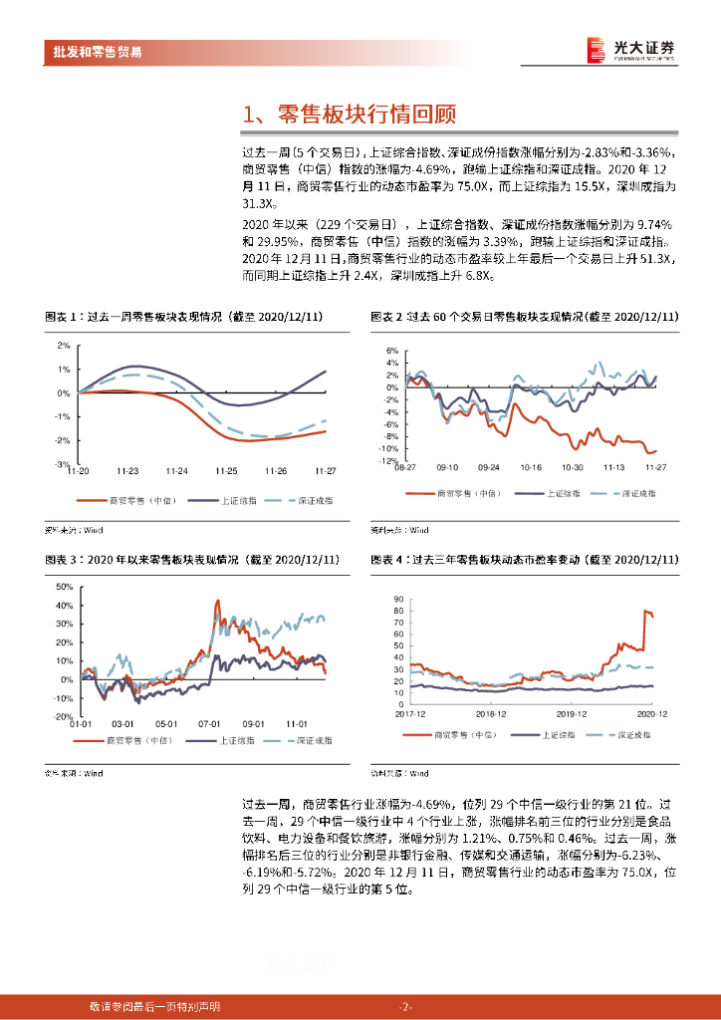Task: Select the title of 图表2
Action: [x=524, y=317]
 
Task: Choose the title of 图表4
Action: [x=524, y=561]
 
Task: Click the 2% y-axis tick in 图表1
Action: [x=63, y=346]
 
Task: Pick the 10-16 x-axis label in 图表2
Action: [x=530, y=466]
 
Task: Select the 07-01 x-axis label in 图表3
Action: [x=209, y=723]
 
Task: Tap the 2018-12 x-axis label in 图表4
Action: [x=491, y=713]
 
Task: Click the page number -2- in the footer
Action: [x=404, y=1006]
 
